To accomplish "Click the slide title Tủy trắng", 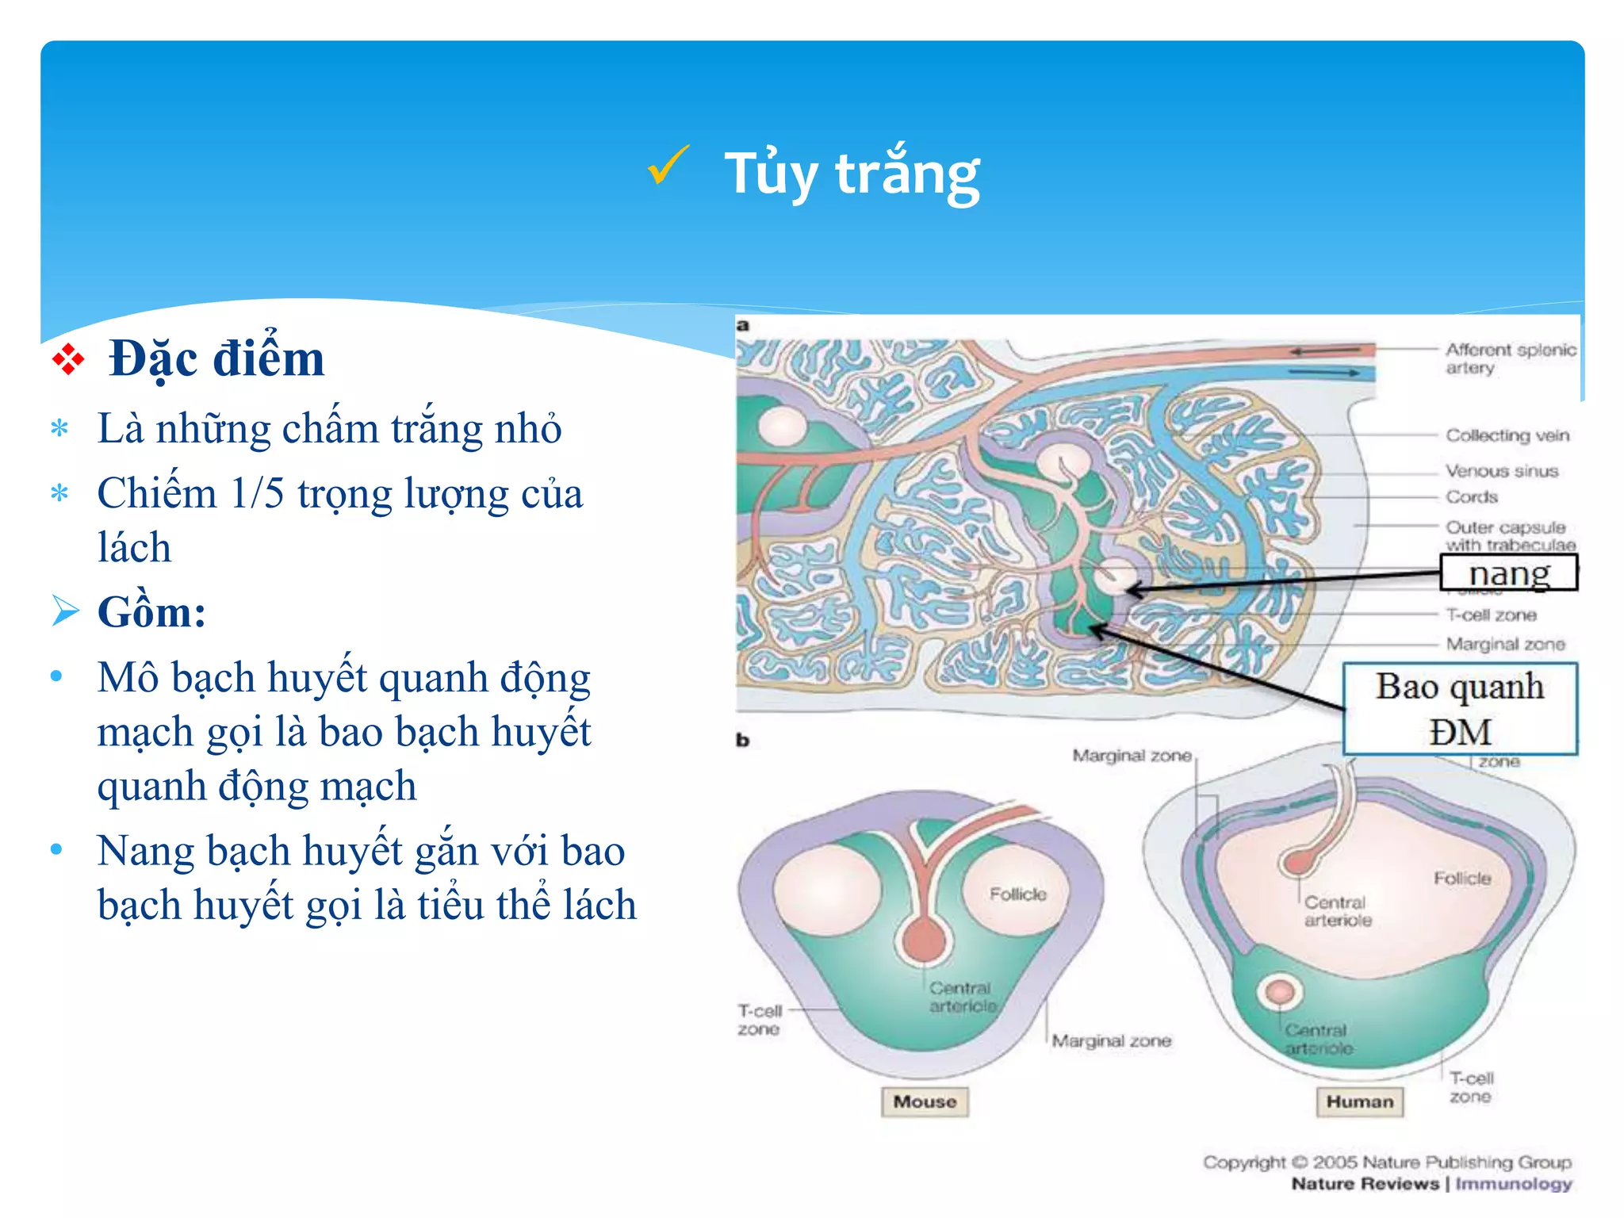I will point(852,174).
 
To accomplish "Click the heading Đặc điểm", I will point(216,358).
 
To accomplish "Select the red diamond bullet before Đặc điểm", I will point(68,359).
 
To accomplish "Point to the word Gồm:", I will point(151,612).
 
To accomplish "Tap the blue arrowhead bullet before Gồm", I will point(65,611).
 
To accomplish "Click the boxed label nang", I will point(1508,573).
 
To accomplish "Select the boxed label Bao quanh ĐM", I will point(1460,708).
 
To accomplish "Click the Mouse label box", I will point(925,1101).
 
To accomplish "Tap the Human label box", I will point(1359,1101).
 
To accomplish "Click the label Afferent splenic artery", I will point(1509,358).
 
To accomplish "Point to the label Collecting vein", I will point(1507,435).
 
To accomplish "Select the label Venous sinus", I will point(1501,471).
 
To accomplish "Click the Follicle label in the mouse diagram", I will point(1017,894).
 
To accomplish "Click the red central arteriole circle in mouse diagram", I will point(925,940).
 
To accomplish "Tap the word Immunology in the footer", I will point(1513,1184).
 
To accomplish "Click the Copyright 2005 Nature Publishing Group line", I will point(1386,1162).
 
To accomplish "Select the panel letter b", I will point(743,741).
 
